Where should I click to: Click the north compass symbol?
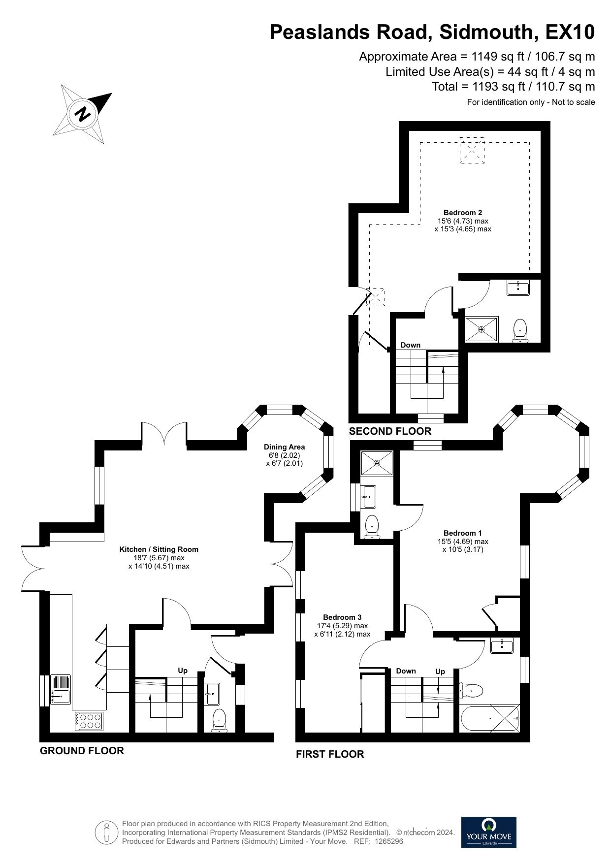point(83,114)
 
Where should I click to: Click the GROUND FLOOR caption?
point(82,751)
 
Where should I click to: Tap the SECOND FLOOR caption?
point(390,431)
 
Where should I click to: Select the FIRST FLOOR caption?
point(330,754)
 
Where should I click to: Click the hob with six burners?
point(90,721)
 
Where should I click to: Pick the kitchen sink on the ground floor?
point(61,689)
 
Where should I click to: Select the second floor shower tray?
point(482,329)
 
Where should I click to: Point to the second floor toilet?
point(520,330)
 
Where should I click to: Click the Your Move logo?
point(488,832)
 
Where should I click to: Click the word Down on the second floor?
point(410,345)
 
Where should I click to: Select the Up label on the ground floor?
point(183,671)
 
